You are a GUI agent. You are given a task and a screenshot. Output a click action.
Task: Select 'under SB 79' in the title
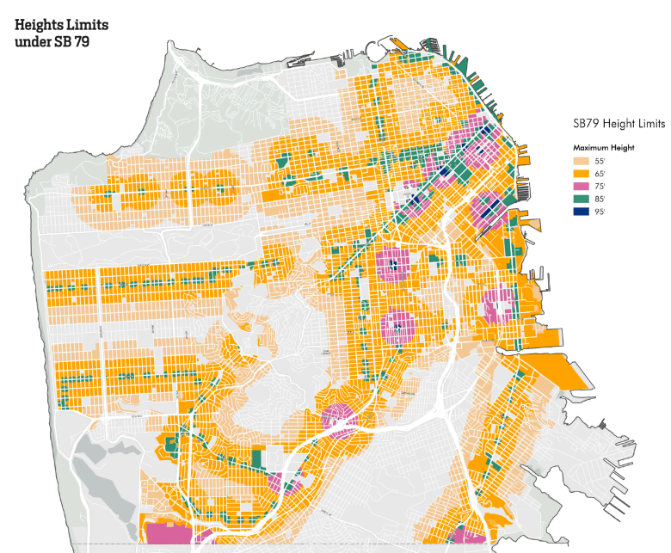click(x=52, y=43)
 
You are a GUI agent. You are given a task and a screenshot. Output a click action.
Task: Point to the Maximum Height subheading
click(x=604, y=147)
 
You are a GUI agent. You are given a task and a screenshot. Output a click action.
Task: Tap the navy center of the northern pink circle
click(x=394, y=265)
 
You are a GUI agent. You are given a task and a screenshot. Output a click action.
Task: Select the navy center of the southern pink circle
click(x=397, y=325)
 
